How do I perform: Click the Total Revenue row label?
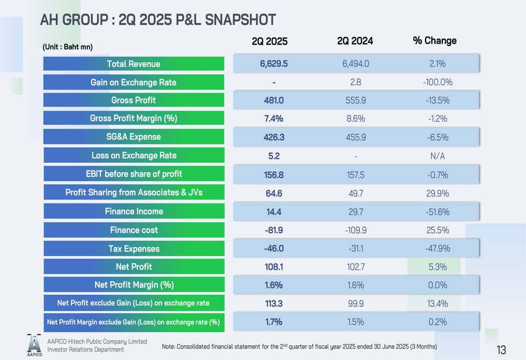[x=134, y=64]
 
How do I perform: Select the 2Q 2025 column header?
[x=270, y=42]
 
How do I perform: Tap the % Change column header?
[x=434, y=40]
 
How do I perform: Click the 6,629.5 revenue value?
[x=274, y=64]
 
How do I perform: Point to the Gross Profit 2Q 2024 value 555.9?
[x=356, y=100]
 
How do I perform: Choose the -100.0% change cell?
[x=437, y=83]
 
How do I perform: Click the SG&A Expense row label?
[x=134, y=137]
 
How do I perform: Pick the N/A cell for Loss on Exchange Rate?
[x=437, y=156]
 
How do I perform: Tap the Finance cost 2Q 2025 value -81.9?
[x=274, y=230]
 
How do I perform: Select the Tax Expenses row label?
[x=134, y=249]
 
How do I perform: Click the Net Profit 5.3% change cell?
[x=437, y=267]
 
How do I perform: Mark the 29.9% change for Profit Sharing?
[x=437, y=193]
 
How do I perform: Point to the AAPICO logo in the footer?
[x=34, y=345]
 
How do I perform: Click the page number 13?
[x=501, y=350]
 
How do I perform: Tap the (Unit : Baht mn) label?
[x=67, y=47]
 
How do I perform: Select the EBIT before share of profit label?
[x=134, y=174]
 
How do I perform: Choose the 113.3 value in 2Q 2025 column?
[x=274, y=303]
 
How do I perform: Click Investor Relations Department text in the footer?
[x=85, y=349]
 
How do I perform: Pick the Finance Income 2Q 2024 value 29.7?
[x=356, y=212]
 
